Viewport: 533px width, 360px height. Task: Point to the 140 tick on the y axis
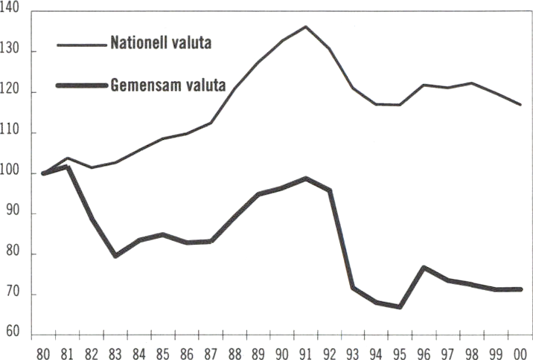click(16, 12)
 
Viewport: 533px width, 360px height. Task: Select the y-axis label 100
click(16, 173)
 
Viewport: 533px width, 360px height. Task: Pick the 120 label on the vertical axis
click(16, 93)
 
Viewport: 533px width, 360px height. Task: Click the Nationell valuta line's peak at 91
click(305, 27)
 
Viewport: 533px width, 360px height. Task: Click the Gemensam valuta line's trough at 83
click(115, 255)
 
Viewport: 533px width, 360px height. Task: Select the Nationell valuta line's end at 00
click(520, 105)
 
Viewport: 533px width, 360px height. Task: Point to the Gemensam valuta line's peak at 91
click(305, 179)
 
